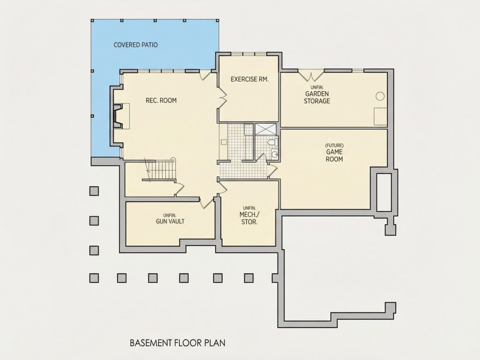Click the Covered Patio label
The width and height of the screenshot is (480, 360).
[136, 45]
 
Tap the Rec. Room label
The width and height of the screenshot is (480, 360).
[161, 100]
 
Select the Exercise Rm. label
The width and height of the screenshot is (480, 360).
[250, 79]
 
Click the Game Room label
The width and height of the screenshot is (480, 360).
[334, 153]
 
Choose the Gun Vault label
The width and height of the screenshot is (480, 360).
[170, 219]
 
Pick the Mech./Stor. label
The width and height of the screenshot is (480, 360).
[249, 216]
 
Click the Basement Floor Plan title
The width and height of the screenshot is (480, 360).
[178, 343]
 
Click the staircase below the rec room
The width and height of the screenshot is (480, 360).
[159, 170]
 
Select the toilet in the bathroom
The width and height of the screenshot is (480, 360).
[272, 142]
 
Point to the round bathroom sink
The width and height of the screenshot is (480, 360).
[274, 154]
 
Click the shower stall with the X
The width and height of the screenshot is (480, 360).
[266, 129]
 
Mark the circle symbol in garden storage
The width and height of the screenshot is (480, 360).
[380, 96]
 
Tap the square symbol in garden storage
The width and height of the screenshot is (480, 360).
[381, 117]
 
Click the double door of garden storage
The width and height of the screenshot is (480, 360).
[311, 75]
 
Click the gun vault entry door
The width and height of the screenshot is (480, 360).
[207, 202]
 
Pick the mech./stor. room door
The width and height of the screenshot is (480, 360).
[222, 187]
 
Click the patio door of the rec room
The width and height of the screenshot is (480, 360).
[206, 75]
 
